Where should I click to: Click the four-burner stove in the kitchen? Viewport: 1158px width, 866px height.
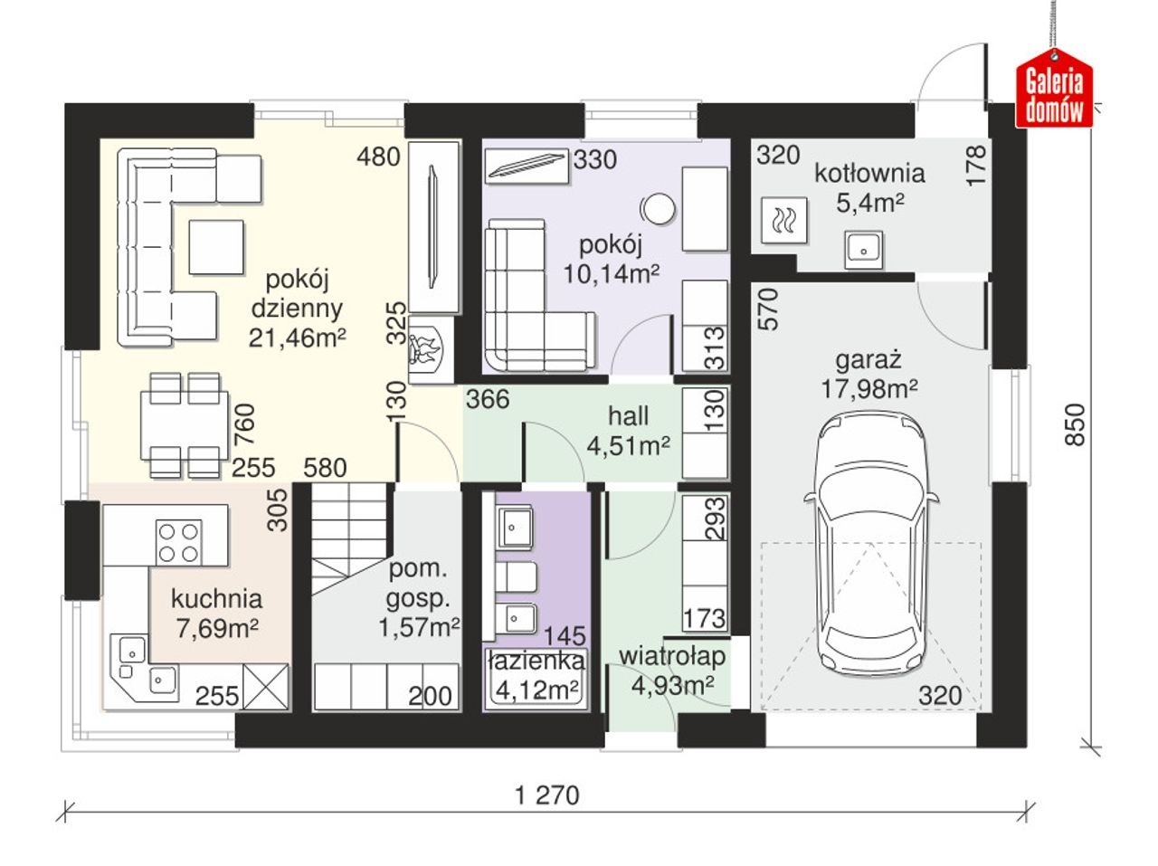179,543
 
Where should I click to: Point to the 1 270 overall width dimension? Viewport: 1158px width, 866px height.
547,795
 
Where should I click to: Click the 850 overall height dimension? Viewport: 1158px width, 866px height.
1075,424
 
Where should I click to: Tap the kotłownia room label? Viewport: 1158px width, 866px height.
869,173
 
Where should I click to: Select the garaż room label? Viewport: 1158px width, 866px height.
868,361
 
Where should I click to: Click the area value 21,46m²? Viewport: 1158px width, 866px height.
297,338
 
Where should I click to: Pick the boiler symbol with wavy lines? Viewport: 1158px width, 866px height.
784,221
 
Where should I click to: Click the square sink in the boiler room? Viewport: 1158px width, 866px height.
864,250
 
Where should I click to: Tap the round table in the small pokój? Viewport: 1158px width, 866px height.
658,209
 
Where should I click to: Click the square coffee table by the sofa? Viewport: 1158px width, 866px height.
216,247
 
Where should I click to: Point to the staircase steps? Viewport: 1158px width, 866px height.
350,538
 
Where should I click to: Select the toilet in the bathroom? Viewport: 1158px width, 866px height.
515,576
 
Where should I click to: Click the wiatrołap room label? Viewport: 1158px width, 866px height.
672,656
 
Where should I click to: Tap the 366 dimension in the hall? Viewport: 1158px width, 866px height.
488,399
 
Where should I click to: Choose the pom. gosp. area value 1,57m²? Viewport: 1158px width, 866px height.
419,627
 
